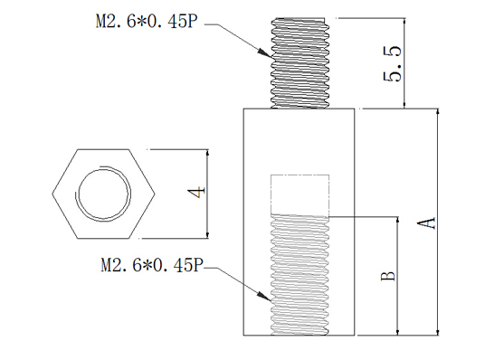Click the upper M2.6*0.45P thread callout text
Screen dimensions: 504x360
(146, 22)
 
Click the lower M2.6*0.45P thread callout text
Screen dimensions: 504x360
(152, 265)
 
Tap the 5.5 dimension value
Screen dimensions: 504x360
(392, 64)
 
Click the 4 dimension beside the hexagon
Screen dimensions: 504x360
(196, 193)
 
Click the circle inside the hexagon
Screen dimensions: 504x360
(104, 194)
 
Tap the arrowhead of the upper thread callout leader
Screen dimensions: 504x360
(265, 53)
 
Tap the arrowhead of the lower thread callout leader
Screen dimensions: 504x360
(265, 297)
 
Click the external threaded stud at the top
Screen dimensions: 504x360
(300, 63)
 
